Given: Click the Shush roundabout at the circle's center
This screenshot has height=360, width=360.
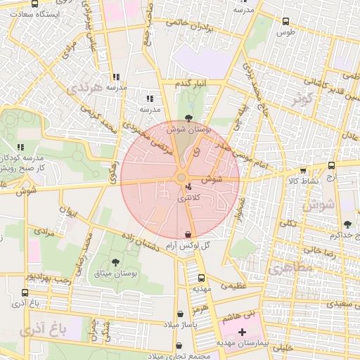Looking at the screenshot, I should tap(181, 178).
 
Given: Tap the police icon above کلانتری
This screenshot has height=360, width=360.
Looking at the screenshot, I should tap(188, 187).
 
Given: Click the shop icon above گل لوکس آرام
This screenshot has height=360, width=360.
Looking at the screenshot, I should tap(188, 234).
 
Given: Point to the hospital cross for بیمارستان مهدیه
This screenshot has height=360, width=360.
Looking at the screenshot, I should tap(243, 331).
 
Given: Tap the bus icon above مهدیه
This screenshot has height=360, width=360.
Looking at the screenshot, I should tap(202, 278).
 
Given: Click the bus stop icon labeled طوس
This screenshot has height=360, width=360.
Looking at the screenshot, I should tap(285, 21).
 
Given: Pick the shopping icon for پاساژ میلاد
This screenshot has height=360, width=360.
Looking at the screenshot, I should tap(182, 314).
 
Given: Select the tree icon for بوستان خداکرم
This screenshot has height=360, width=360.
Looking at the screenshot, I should tap(347, 224).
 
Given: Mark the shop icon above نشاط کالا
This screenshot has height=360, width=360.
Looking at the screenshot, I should tap(303, 170).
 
